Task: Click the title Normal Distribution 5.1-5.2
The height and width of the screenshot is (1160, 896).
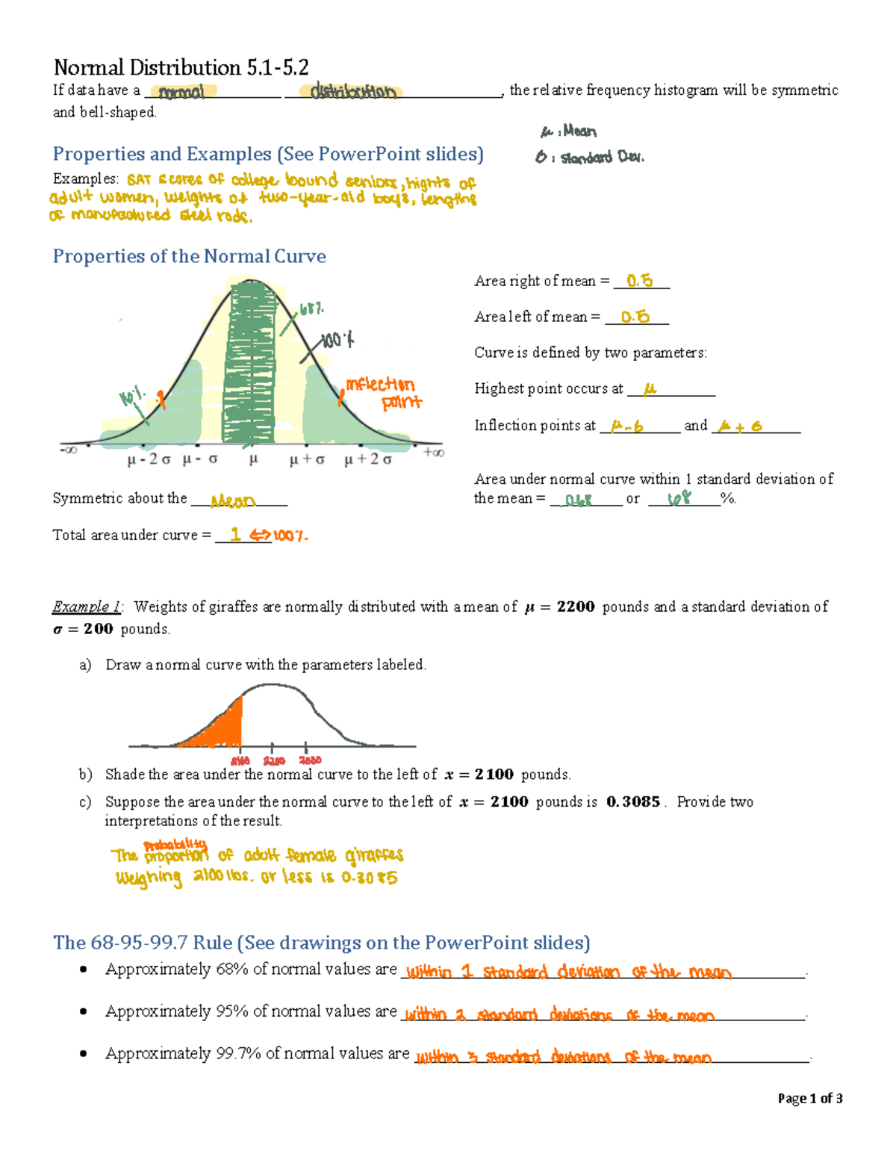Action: coord(181,68)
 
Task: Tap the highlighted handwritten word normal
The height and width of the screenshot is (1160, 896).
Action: coord(181,92)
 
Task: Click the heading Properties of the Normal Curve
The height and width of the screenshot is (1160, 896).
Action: coord(189,256)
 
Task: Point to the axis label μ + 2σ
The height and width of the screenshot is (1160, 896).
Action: coord(367,459)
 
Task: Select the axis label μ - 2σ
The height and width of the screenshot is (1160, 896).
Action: coord(149,459)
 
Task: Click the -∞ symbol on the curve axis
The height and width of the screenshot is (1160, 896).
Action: coord(68,450)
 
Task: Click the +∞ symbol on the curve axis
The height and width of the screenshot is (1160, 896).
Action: coord(433,452)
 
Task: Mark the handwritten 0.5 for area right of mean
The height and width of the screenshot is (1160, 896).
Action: coord(640,281)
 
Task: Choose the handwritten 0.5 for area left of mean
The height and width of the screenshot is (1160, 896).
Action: coord(635,317)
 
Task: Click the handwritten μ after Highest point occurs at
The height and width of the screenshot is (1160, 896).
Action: coord(650,389)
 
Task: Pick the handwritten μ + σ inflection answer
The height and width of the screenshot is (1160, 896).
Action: coord(739,427)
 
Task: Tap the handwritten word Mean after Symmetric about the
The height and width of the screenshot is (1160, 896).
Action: coord(232,501)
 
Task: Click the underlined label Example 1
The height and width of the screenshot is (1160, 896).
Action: coord(87,607)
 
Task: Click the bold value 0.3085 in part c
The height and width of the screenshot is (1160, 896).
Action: coord(633,801)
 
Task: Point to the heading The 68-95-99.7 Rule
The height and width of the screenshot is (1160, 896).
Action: coord(321,943)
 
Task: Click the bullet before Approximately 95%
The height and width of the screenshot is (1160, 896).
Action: coord(84,1011)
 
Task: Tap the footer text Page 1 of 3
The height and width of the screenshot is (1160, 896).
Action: coord(810,1098)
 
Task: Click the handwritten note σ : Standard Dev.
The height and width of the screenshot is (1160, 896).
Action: coord(590,158)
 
